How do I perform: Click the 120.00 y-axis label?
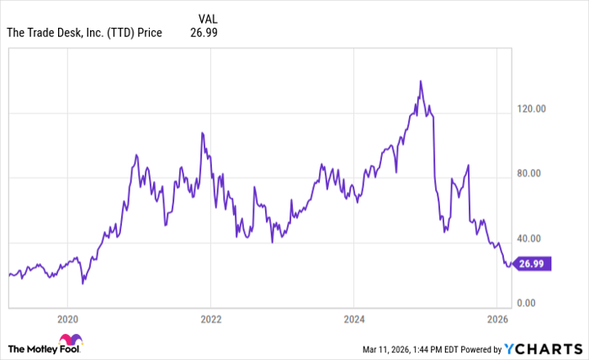point(531,109)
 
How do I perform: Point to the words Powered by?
point(476,348)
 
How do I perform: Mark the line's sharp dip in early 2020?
point(82,283)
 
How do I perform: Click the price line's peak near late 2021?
point(202,133)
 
